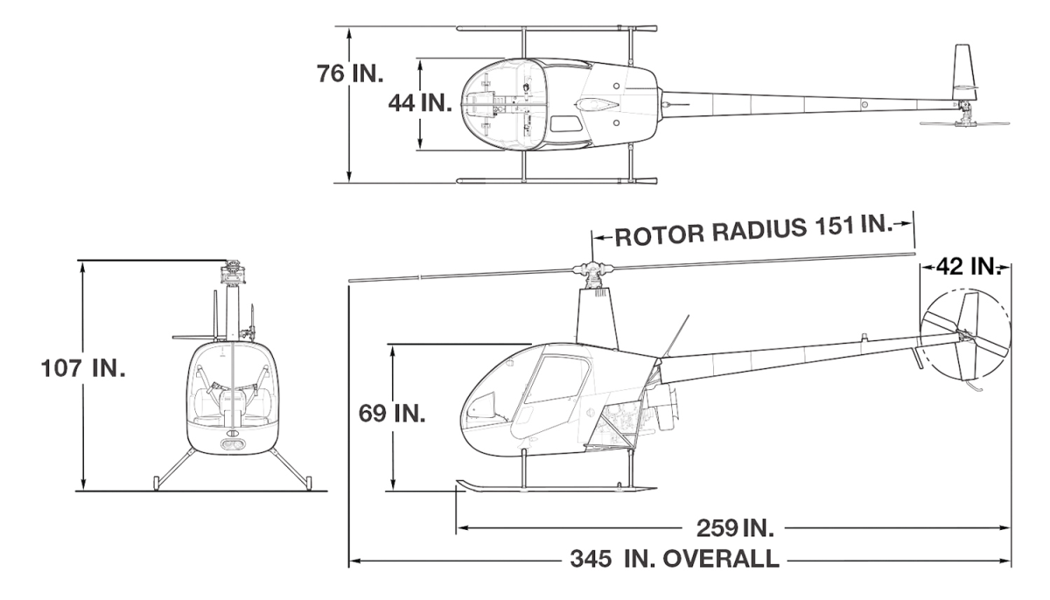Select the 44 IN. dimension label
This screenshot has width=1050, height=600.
click(x=419, y=102)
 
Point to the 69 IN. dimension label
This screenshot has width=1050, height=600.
click(x=391, y=413)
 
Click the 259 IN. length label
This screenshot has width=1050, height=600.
click(x=733, y=527)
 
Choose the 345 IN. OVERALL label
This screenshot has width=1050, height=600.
click(x=671, y=557)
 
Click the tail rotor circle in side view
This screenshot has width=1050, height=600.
click(x=962, y=335)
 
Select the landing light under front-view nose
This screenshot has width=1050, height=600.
click(x=233, y=444)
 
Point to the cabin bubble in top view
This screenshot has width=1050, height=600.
click(x=506, y=104)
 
